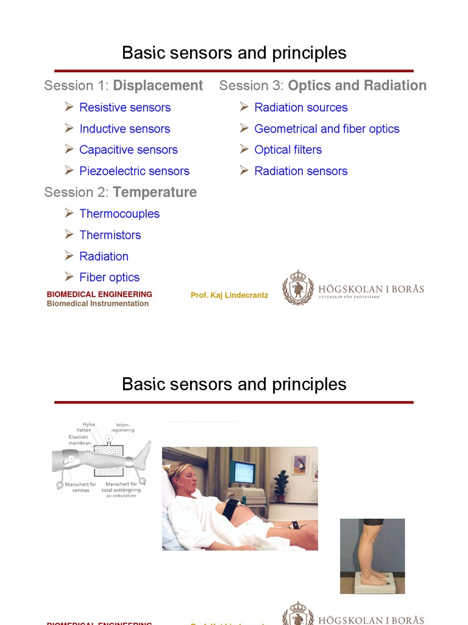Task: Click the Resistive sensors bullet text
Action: tap(124, 107)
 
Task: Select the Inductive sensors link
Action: tap(124, 129)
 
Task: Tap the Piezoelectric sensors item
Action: tap(134, 171)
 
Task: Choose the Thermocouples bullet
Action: tap(119, 214)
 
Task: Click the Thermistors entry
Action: tap(110, 235)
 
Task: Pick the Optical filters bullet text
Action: tap(288, 150)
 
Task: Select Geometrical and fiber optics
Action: tap(327, 129)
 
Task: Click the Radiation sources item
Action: tap(300, 107)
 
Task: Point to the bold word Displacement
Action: tap(158, 85)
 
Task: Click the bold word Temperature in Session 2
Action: tap(155, 192)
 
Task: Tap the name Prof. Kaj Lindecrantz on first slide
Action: tap(229, 295)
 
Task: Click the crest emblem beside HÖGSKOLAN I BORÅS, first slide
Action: tap(297, 287)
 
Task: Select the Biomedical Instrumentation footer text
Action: tap(97, 303)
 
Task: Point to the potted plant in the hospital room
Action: tap(281, 484)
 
